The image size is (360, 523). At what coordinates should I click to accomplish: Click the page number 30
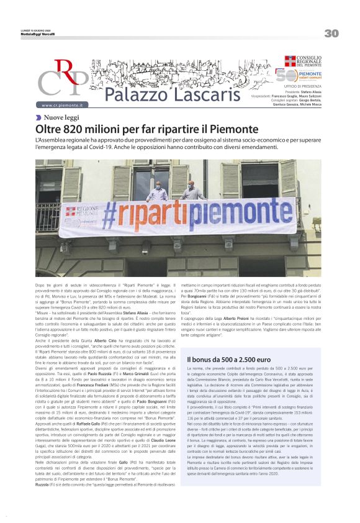pyautogui.click(x=331, y=33)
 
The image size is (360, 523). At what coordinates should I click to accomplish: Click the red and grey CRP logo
pyautogui.click(x=62, y=80)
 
